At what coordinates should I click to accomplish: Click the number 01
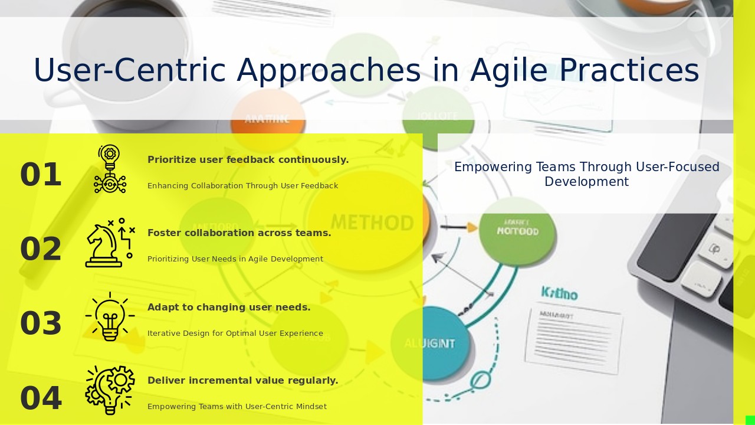(41, 175)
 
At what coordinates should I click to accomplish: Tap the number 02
(41, 249)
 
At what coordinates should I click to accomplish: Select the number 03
(41, 323)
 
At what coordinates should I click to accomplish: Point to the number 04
(41, 398)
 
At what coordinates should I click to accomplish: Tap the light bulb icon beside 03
(110, 317)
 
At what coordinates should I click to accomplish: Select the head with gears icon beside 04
(110, 390)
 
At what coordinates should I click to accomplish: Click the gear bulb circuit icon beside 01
(110, 169)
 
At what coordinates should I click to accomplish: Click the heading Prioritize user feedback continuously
(248, 160)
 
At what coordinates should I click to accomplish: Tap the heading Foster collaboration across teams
(239, 233)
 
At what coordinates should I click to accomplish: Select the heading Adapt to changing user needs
(229, 308)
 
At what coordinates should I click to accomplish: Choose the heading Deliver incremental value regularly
(242, 381)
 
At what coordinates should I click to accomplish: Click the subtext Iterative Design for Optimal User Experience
(235, 334)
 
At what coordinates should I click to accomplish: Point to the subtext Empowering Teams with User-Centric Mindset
(237, 407)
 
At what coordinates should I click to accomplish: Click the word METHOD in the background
(372, 223)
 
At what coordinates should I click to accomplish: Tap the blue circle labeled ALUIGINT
(430, 343)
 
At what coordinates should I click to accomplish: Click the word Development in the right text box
(586, 182)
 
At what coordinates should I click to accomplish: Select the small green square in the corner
(750, 420)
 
